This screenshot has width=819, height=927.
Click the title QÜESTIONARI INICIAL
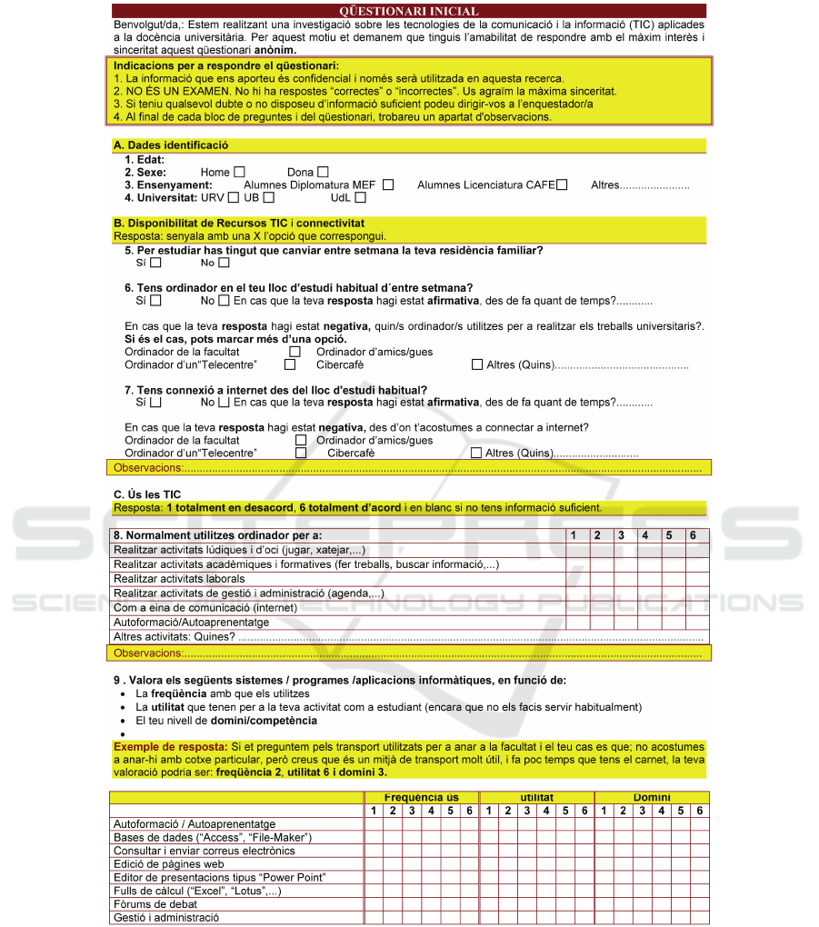(x=408, y=11)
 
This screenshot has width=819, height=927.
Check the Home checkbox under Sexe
(x=239, y=172)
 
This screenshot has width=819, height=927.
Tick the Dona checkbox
(x=323, y=172)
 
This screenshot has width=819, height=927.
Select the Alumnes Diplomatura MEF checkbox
(x=388, y=185)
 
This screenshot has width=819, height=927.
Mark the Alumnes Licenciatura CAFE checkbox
(x=562, y=185)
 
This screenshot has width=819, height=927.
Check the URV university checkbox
(x=234, y=198)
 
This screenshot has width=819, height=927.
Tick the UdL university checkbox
(x=361, y=198)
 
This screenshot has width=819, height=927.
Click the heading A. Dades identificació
(x=171, y=145)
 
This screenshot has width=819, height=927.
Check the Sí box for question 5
(x=155, y=263)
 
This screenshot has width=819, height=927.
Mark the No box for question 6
(x=224, y=301)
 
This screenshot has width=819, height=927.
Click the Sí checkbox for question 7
(x=155, y=403)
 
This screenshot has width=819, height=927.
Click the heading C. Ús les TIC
(x=147, y=494)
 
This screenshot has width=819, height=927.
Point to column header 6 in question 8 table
(x=693, y=535)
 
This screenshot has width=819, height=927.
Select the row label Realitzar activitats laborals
(x=179, y=579)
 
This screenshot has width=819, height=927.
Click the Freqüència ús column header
(x=421, y=797)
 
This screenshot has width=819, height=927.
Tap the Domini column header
(x=651, y=797)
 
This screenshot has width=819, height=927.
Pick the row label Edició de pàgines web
(x=168, y=864)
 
